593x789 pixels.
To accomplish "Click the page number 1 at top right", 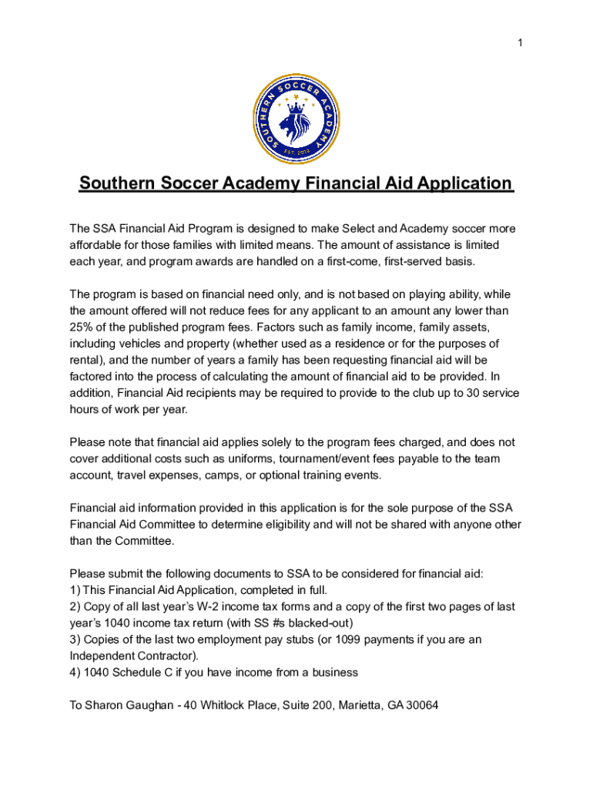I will coord(521,43).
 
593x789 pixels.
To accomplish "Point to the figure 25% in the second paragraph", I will coord(82,327).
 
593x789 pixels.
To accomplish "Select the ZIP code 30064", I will coord(422,705).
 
